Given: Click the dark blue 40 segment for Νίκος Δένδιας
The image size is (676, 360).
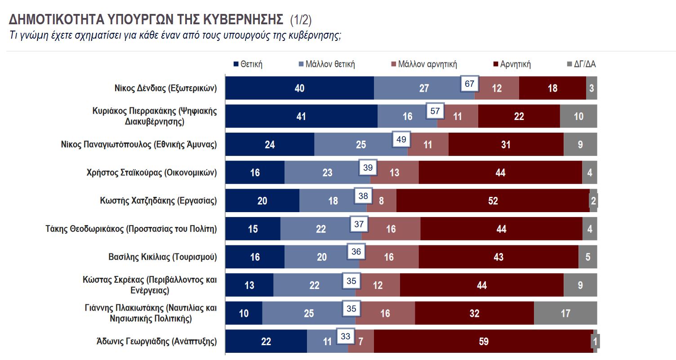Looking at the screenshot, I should [299, 88].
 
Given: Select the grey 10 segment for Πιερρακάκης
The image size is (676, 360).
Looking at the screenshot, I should [578, 116].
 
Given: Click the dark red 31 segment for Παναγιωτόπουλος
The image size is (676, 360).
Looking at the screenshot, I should [506, 144].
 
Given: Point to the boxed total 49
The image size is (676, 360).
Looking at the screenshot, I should [401, 140].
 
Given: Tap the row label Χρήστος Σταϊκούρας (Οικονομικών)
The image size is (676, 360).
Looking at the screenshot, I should [152, 172].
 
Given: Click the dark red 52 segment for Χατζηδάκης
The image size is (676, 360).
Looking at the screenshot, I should [493, 200].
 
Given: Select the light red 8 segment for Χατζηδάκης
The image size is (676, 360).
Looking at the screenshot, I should [381, 200].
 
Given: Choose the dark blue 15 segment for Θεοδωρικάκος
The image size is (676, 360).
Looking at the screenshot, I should [253, 229].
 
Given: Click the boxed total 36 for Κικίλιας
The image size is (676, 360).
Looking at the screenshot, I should [356, 252].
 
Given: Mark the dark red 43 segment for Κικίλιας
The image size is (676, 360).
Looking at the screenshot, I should [498, 257].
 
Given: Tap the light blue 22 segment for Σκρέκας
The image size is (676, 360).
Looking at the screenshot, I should [314, 285].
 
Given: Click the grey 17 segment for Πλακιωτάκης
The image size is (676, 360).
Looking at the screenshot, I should [565, 313].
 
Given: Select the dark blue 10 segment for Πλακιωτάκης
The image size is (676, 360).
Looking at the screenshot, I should [244, 313].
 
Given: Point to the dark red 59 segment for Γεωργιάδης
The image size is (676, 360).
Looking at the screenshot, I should [483, 342].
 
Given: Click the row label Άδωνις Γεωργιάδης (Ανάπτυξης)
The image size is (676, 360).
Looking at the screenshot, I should [156, 342].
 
